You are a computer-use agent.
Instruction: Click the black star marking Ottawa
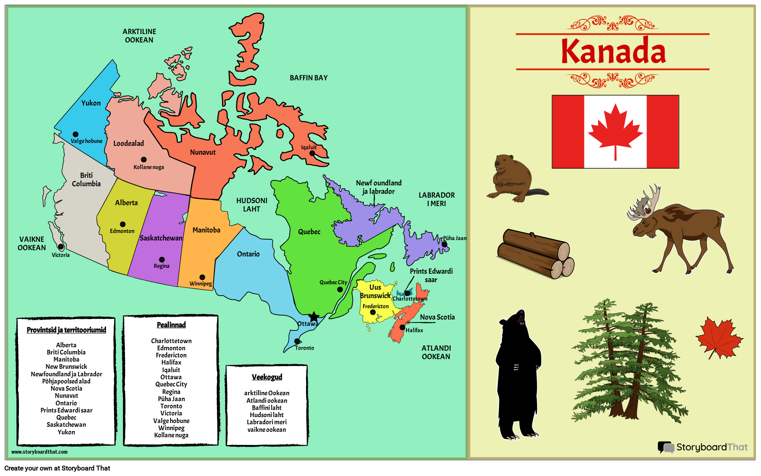(x=314, y=317)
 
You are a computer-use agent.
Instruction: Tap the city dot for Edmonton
(x=123, y=224)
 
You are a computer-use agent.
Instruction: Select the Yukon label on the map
(x=91, y=103)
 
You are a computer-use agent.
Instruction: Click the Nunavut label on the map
(x=203, y=152)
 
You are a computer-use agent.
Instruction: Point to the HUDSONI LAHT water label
(x=252, y=205)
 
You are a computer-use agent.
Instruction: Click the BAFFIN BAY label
(x=309, y=78)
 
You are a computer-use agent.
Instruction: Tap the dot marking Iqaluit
(x=312, y=153)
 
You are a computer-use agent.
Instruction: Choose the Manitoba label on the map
(x=206, y=230)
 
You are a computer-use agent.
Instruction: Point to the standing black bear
(x=518, y=374)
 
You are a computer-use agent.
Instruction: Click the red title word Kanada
(x=613, y=51)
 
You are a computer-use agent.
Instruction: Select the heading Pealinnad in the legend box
(x=171, y=325)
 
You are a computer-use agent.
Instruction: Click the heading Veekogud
(x=267, y=377)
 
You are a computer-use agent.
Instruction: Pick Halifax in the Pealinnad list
(x=171, y=362)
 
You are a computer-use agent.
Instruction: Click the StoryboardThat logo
(x=703, y=447)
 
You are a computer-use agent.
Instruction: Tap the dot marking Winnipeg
(x=202, y=277)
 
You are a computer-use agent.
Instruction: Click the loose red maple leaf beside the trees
(x=719, y=338)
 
